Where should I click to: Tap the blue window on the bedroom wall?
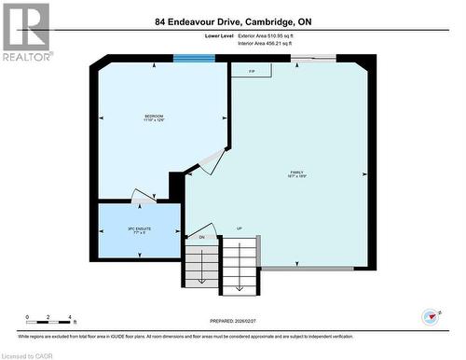click(193, 59)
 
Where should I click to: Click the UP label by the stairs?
click(239, 229)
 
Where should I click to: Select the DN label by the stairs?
click(201, 237)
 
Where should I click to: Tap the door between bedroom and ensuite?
click(143, 196)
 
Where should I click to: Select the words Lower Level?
click(220, 35)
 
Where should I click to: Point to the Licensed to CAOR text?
click(28, 354)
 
